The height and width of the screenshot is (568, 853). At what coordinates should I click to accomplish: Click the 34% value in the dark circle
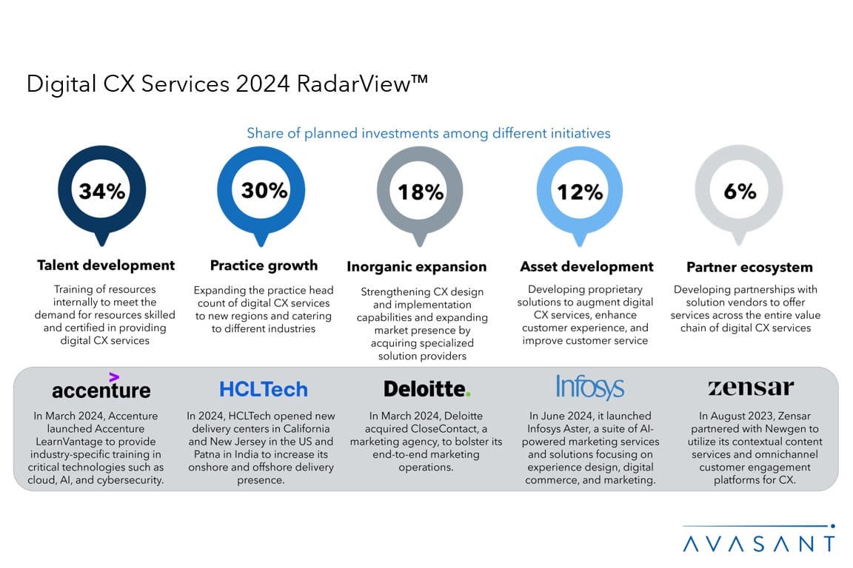(102, 192)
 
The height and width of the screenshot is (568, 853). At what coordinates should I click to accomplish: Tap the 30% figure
(264, 191)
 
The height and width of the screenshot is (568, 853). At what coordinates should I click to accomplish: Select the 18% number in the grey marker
(421, 192)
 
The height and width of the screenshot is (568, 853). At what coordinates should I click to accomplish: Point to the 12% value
(581, 192)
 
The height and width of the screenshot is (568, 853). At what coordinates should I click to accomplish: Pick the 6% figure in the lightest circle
(740, 191)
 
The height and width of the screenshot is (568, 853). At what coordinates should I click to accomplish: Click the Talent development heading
(106, 265)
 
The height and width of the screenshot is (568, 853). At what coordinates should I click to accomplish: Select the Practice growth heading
(264, 266)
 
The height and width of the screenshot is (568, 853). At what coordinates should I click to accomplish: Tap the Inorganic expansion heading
(416, 266)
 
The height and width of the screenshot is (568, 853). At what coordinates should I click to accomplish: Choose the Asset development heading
(586, 266)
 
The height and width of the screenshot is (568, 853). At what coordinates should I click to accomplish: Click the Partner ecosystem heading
(749, 267)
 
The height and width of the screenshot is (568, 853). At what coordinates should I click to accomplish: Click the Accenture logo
(101, 390)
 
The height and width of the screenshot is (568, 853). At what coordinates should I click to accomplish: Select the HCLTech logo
(263, 390)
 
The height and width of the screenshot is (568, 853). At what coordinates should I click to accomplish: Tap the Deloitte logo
(426, 389)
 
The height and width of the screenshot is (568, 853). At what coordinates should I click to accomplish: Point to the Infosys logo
(589, 388)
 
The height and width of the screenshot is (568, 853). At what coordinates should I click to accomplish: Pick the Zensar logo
(750, 388)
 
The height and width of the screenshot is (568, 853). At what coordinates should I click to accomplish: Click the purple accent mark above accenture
(114, 376)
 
